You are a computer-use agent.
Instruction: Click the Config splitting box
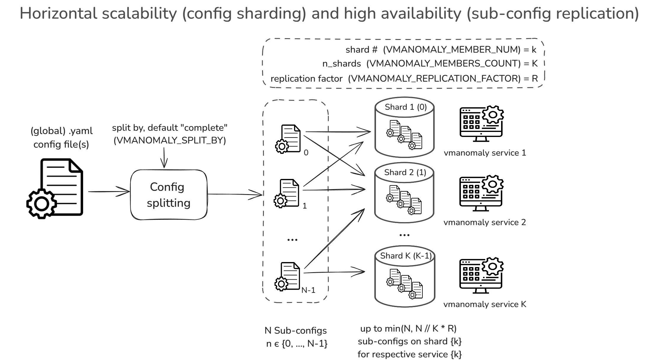tap(169, 195)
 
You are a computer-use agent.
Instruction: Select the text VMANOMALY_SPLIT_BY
tap(170, 140)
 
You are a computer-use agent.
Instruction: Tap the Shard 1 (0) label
tap(406, 107)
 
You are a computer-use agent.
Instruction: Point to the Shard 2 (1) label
tap(405, 172)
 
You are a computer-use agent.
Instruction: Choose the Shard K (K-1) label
tap(406, 256)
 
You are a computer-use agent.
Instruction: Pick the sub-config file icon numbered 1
tap(287, 193)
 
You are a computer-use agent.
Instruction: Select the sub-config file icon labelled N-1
tap(288, 276)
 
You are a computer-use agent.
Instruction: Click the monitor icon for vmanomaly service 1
tap(481, 123)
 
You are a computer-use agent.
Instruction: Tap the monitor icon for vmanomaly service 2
tap(481, 193)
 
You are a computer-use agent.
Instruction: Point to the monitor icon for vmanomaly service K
tap(481, 275)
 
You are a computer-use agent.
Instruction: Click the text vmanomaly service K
tap(485, 304)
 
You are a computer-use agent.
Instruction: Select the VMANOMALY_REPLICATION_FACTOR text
tap(434, 78)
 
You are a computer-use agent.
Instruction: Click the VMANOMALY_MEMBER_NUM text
tap(452, 49)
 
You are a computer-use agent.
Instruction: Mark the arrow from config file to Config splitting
tap(109, 192)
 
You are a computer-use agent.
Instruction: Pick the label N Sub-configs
tap(296, 330)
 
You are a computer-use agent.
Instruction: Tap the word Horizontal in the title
tap(58, 14)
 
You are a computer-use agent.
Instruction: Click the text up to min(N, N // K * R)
tap(408, 328)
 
